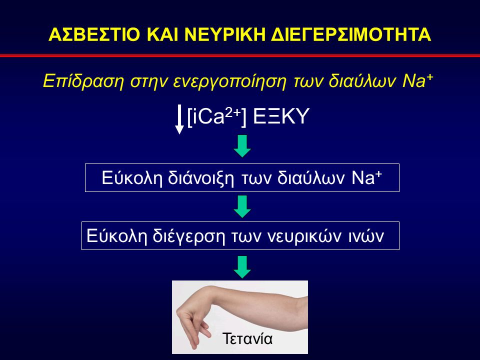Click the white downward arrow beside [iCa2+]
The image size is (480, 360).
click(179, 119)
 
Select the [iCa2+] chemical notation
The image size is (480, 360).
click(216, 117)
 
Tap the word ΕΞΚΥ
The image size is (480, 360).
click(281, 116)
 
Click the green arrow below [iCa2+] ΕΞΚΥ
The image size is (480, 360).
click(242, 146)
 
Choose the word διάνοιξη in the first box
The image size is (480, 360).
click(201, 178)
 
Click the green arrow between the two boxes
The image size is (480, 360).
click(242, 206)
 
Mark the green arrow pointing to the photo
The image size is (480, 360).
click(242, 267)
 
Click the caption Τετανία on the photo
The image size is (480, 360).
click(247, 338)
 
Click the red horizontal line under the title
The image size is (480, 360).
click(240, 55)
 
